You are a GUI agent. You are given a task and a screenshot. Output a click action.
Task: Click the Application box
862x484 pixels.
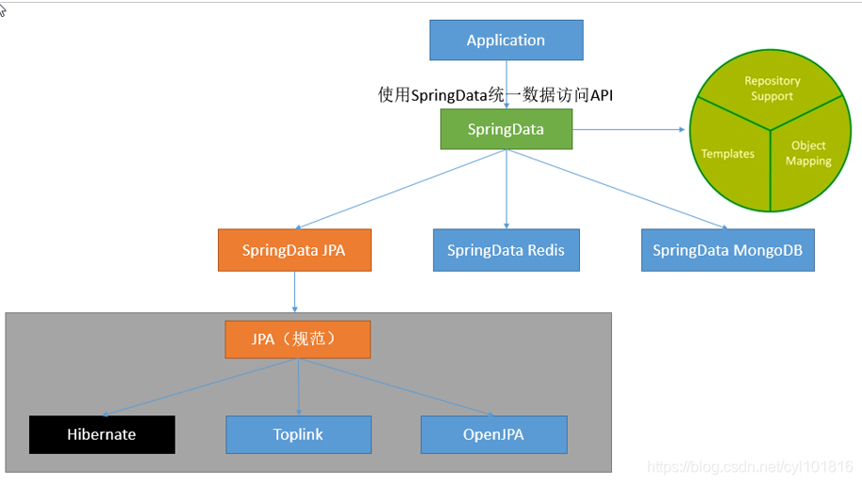tap(506, 41)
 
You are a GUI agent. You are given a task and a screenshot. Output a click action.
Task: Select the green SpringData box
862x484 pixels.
tap(506, 129)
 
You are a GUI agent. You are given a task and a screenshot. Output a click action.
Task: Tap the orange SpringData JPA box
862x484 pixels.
tap(294, 250)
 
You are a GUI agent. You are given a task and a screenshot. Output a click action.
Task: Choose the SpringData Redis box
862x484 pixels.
tap(506, 250)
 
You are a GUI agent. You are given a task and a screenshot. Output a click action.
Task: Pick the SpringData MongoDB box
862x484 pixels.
tap(727, 250)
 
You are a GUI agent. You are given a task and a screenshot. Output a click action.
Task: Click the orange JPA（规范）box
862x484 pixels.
tap(297, 340)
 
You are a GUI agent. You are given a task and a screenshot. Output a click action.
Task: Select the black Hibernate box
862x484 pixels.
tap(102, 435)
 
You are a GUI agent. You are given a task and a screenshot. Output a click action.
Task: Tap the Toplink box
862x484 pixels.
tap(298, 435)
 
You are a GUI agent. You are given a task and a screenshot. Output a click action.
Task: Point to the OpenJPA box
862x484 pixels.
tap(493, 435)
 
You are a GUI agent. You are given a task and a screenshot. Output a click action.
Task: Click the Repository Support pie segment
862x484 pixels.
tap(771, 90)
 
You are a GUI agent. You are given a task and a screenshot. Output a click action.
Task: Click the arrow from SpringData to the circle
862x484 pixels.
tap(628, 129)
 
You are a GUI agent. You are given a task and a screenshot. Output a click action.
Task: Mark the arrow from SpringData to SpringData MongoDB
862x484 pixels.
tap(618, 189)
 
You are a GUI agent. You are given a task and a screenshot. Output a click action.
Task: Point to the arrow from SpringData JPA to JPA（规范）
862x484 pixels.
tap(295, 292)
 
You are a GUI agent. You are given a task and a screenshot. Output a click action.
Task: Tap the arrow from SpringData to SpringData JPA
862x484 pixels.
tap(401, 189)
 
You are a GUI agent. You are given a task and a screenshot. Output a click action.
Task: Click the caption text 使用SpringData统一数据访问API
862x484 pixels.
tap(496, 94)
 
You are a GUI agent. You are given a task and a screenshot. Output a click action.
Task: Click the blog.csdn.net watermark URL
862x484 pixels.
tap(750, 467)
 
